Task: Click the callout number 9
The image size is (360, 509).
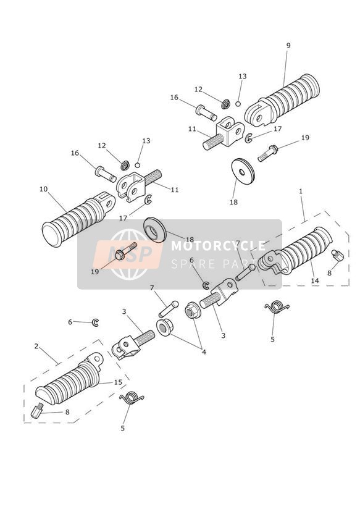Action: pos(288,46)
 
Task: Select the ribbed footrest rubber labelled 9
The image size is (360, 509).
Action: pos(282,100)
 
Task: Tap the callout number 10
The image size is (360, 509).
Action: pos(43,189)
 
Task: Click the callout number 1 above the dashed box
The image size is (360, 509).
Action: pos(301,191)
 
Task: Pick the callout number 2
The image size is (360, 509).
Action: pos(36,347)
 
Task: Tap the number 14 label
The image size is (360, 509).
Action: pos(315,280)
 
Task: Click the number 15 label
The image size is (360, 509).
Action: pos(118,382)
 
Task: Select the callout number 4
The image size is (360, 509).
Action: pos(204,351)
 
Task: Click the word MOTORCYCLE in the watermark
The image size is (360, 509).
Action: pos(218,246)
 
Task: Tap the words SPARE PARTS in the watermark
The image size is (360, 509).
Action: pos(219,264)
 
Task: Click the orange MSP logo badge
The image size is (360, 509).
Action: pos(128,254)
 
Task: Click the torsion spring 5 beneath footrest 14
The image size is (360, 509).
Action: pos(277,306)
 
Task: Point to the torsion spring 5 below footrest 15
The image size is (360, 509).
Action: pos(132,398)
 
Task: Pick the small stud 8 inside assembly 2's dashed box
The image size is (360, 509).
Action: pos(37,411)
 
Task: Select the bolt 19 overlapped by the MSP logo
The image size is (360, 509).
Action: pos(126,251)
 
